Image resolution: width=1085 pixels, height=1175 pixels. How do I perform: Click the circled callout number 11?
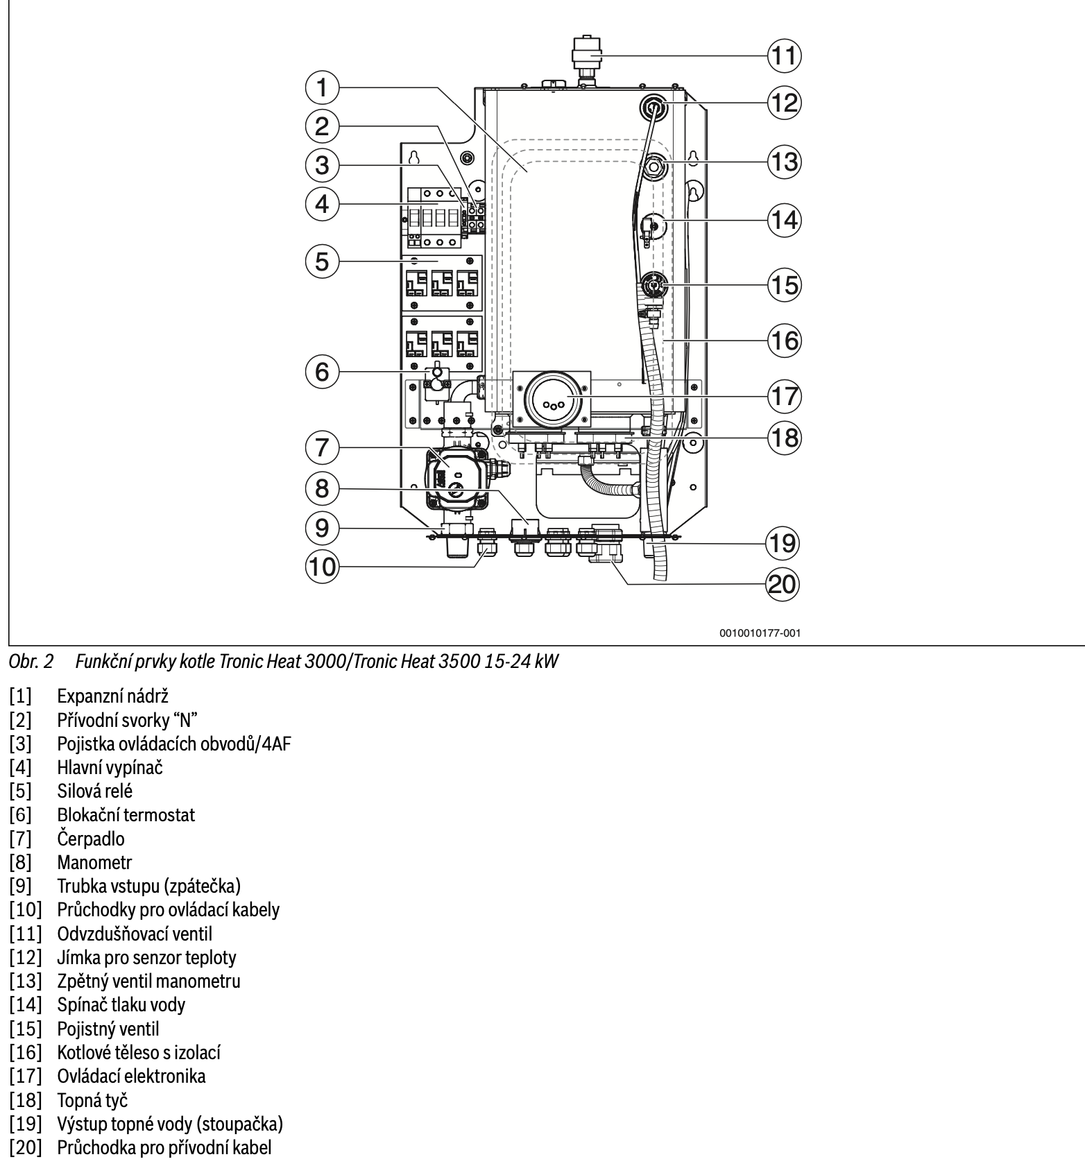click(x=783, y=55)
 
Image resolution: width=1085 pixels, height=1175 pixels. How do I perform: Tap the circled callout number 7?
click(x=322, y=447)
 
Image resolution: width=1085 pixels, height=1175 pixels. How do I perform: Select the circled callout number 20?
click(x=782, y=584)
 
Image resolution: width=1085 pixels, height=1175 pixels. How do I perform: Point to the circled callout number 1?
click(x=322, y=87)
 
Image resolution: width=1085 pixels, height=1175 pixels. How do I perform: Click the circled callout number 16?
click(x=784, y=341)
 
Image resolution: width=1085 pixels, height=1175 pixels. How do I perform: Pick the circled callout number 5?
click(x=322, y=261)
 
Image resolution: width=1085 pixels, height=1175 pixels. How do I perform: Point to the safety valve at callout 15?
click(x=652, y=284)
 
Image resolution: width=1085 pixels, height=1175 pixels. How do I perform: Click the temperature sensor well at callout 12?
click(x=653, y=108)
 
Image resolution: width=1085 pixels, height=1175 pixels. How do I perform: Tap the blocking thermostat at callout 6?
click(x=436, y=379)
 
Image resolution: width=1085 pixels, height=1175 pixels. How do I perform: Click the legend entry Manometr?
click(x=94, y=862)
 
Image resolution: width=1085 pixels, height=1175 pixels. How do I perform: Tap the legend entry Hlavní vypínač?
click(x=110, y=767)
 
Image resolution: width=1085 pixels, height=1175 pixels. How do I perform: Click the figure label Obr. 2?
click(x=30, y=662)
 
